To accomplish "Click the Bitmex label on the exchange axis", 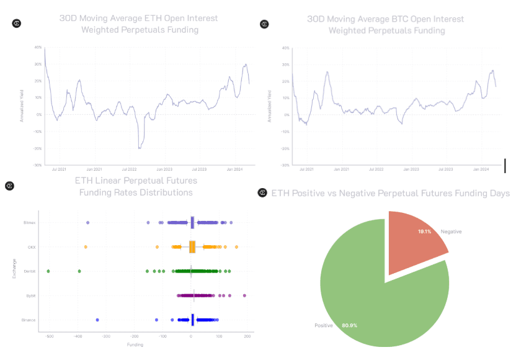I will [x=30, y=222].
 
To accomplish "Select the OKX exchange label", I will [x=32, y=246].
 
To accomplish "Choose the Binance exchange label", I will [x=30, y=320].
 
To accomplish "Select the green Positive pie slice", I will [x=372, y=292].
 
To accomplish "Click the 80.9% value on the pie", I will [x=350, y=325].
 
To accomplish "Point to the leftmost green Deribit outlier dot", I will [x=48, y=271].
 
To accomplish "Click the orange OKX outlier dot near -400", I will [x=86, y=247].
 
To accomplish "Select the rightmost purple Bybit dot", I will [x=244, y=295].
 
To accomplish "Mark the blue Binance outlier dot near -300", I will [x=97, y=320].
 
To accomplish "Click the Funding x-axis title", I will [x=135, y=344].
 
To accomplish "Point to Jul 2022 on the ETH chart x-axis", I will [x=130, y=168].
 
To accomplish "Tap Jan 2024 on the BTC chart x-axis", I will [x=481, y=168].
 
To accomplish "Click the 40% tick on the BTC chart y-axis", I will [x=285, y=48].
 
